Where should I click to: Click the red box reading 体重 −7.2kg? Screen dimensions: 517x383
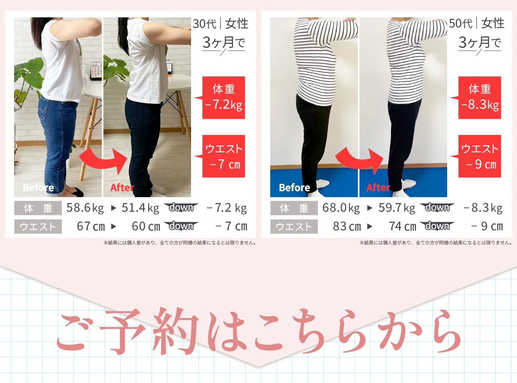pyautogui.click(x=223, y=97)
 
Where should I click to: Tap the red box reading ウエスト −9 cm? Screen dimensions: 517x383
pyautogui.click(x=479, y=156)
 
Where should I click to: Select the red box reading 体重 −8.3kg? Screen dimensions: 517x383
pyautogui.click(x=479, y=97)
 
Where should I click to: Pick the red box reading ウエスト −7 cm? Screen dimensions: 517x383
pyautogui.click(x=223, y=156)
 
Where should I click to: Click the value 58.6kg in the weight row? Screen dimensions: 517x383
pyautogui.click(x=85, y=208)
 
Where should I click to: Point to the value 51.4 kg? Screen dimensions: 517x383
pyautogui.click(x=140, y=208)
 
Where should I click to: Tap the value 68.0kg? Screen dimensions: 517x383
pyautogui.click(x=341, y=208)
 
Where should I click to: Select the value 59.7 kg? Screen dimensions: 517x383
pyautogui.click(x=397, y=208)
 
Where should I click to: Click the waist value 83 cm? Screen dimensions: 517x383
pyautogui.click(x=347, y=226)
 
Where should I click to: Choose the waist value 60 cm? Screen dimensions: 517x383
pyautogui.click(x=146, y=226)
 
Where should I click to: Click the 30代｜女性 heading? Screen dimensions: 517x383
pyautogui.click(x=221, y=24)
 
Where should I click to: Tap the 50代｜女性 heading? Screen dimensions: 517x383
pyautogui.click(x=477, y=24)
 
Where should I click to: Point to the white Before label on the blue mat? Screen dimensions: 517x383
pyautogui.click(x=294, y=187)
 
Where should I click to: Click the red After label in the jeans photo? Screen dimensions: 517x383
pyautogui.click(x=122, y=187)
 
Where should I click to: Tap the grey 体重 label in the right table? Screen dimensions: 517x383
pyautogui.click(x=294, y=208)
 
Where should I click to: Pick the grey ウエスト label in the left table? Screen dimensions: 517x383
pyautogui.click(x=38, y=227)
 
